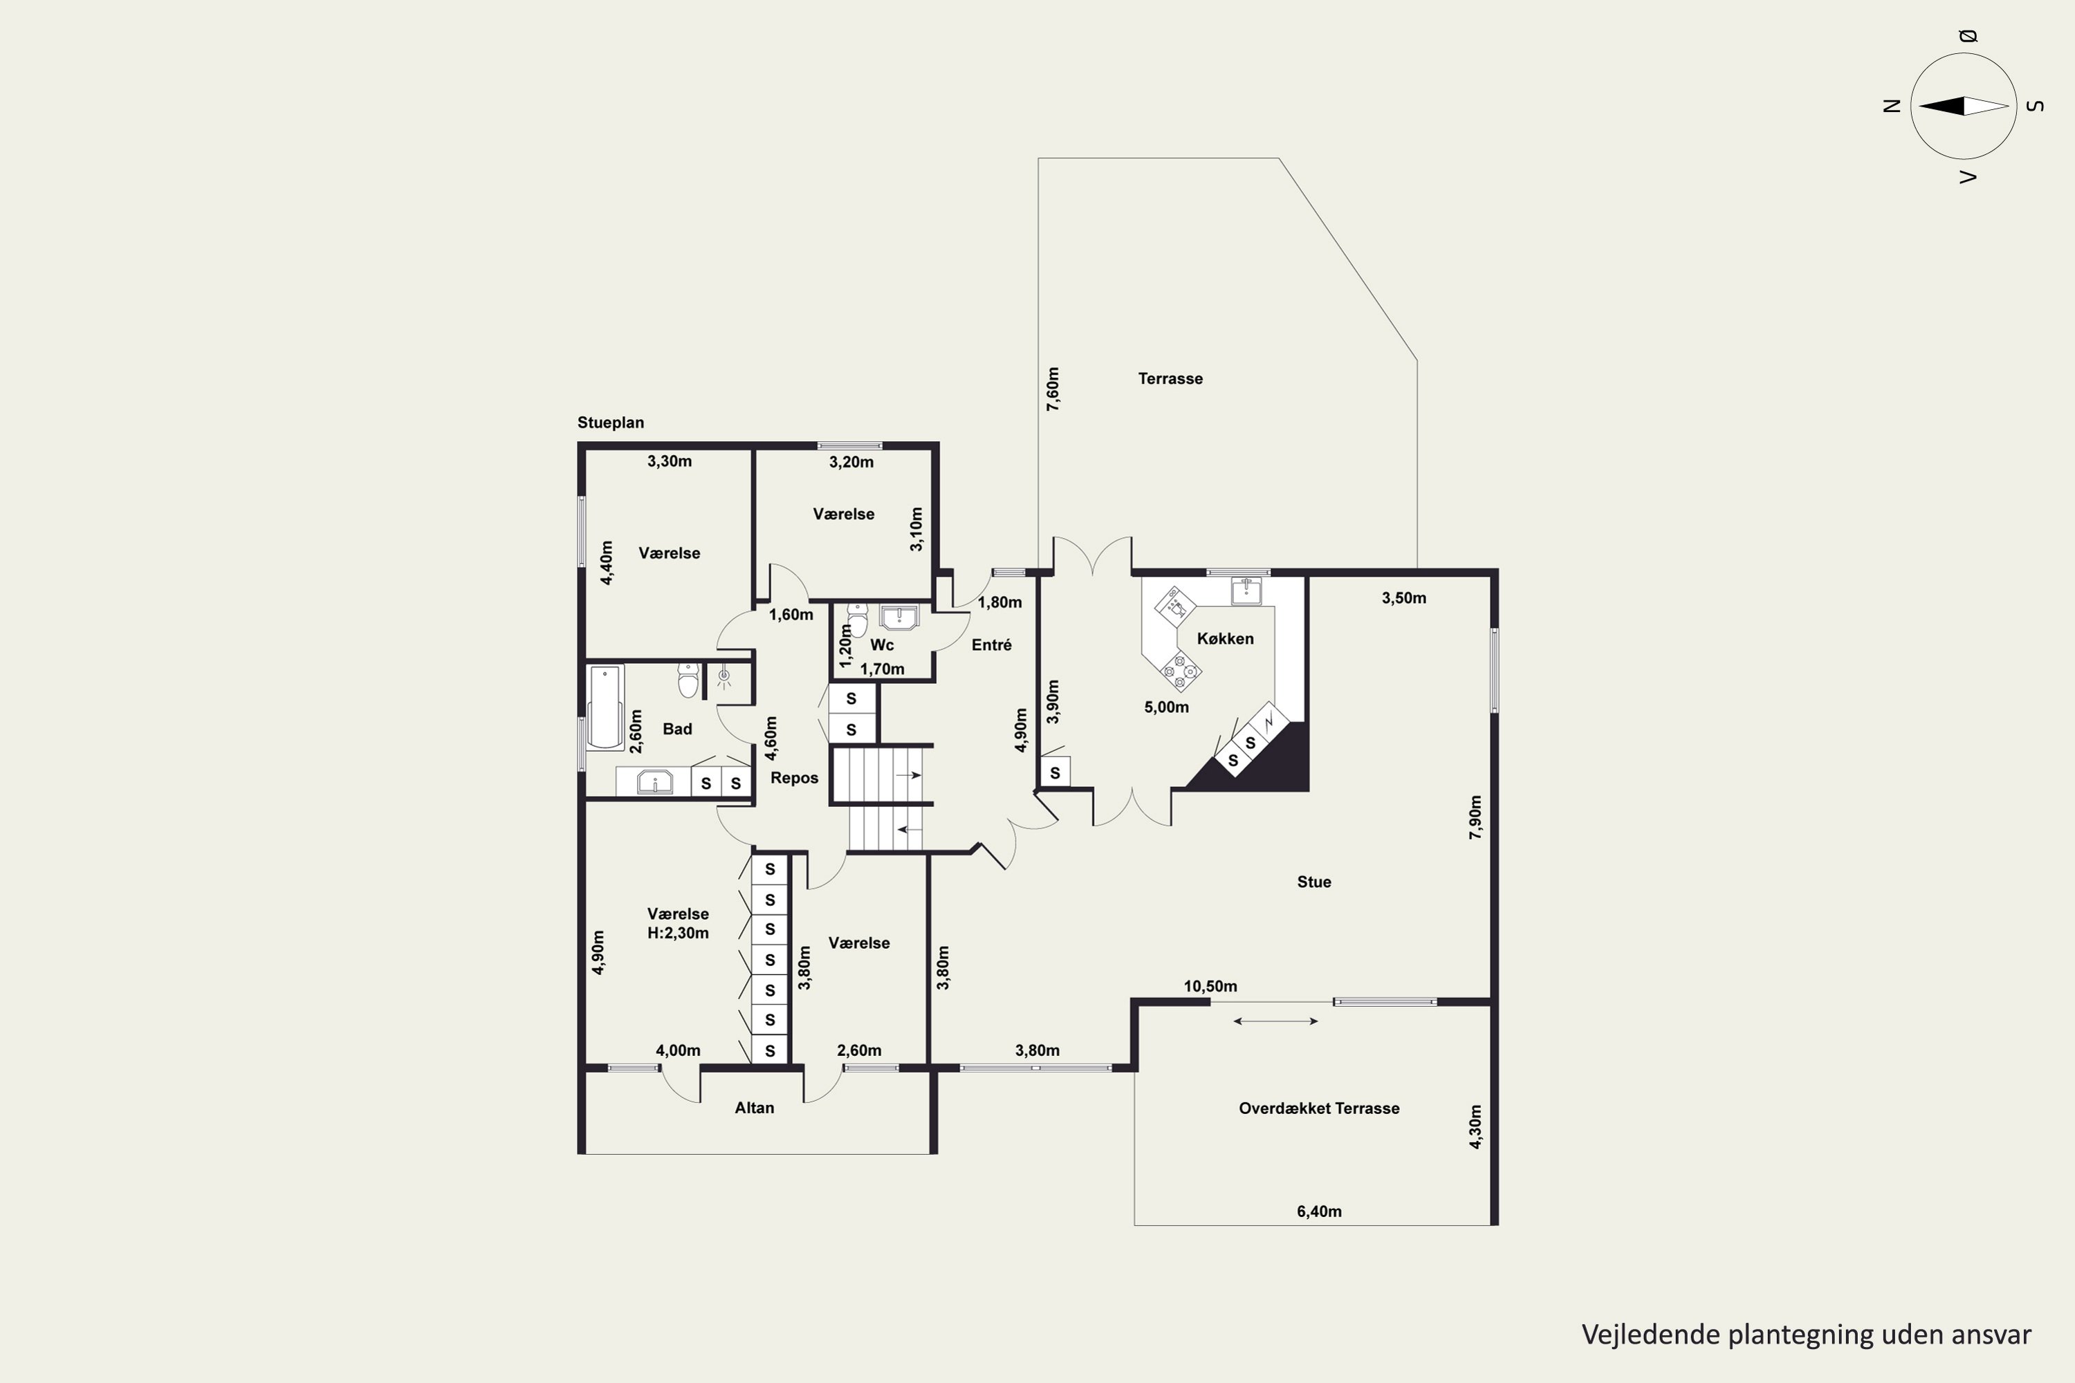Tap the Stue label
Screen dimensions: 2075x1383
(1313, 882)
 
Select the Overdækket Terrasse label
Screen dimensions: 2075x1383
(1319, 1108)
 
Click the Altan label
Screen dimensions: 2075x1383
(755, 1108)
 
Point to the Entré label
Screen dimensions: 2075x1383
(992, 644)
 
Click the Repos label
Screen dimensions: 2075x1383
(794, 778)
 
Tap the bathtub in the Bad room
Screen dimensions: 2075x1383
(605, 707)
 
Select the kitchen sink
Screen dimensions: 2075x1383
(1246, 590)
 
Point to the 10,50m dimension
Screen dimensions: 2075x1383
(1210, 986)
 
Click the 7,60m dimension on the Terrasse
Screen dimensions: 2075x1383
(1053, 389)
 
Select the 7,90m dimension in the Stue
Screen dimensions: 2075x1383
(1475, 817)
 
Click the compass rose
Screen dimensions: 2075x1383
(1964, 106)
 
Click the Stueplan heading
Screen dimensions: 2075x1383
(611, 423)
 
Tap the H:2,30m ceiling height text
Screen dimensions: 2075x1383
(678, 933)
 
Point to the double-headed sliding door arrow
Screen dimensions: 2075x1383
(1275, 1021)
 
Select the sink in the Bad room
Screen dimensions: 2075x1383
(654, 781)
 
